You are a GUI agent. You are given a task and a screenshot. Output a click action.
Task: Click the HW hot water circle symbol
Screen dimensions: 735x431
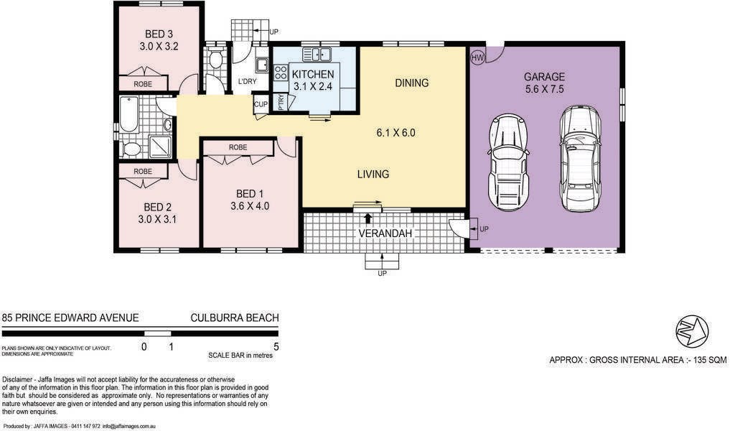click(477, 57)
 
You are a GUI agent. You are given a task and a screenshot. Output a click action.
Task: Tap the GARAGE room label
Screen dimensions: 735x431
click(544, 76)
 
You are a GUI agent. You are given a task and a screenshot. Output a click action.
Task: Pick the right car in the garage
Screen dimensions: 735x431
click(580, 158)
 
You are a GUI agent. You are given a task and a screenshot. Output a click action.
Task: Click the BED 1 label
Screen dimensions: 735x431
click(249, 194)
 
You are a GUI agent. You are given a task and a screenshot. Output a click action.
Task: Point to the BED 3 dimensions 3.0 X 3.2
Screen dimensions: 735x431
click(159, 47)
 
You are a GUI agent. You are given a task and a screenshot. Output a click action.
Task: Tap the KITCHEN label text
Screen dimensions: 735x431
click(313, 74)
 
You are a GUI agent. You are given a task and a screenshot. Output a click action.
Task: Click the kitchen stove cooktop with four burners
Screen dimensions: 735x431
click(281, 73)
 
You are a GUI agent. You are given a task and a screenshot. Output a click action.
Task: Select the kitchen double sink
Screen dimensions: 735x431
click(317, 55)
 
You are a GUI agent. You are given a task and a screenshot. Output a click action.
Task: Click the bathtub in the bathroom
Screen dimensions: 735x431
click(128, 114)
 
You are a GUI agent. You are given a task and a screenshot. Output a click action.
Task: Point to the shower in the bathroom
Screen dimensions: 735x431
click(160, 146)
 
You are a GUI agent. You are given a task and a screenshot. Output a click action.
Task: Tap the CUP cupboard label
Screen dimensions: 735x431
click(261, 104)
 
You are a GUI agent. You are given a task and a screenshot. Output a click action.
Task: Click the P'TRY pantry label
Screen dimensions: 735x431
click(281, 103)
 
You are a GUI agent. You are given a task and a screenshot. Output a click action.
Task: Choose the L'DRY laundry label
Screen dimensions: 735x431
click(247, 81)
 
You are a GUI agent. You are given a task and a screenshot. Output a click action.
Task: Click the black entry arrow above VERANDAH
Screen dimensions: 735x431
click(368, 218)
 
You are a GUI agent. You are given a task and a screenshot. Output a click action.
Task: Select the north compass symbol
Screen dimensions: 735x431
click(692, 330)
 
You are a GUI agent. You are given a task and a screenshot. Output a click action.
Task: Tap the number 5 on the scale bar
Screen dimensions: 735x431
click(276, 346)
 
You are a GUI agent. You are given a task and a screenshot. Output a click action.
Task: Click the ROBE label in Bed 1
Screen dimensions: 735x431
click(238, 147)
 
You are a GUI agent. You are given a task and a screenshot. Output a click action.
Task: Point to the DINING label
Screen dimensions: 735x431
click(411, 83)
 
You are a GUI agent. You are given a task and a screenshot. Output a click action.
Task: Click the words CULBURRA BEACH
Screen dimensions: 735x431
click(235, 318)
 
